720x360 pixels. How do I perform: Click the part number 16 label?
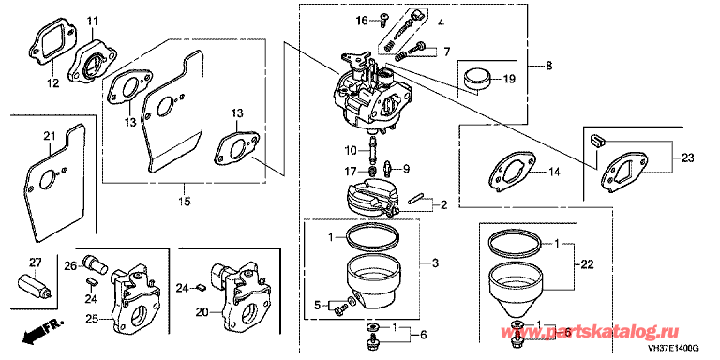[362, 21]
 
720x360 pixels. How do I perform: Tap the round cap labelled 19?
[478, 79]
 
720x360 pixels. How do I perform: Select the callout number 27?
[36, 263]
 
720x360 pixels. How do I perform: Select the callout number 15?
[184, 201]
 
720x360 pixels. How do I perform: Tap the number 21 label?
[49, 136]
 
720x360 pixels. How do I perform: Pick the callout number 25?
[92, 318]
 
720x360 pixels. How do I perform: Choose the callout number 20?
[202, 312]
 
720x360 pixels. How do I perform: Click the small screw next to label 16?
[382, 19]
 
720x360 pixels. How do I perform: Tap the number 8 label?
[549, 66]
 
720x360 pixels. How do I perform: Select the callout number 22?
[587, 264]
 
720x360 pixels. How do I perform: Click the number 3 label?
[435, 263]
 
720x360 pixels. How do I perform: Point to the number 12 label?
[53, 83]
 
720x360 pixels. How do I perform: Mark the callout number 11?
[93, 22]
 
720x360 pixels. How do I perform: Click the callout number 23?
[688, 158]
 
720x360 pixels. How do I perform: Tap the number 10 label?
[351, 150]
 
